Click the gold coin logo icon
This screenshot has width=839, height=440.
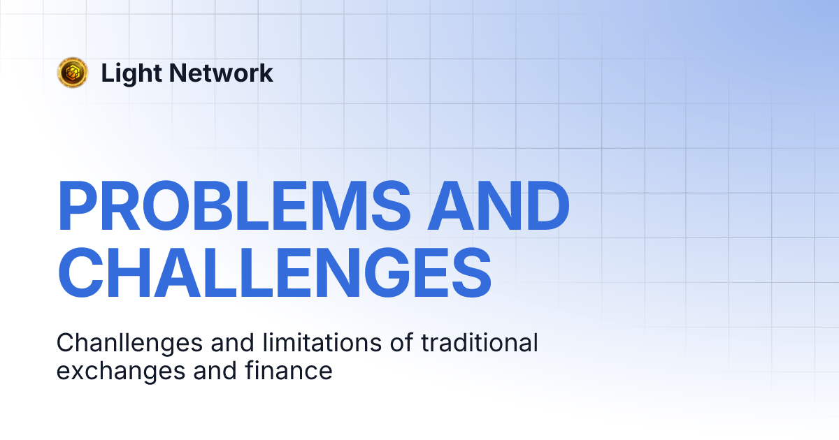(73, 73)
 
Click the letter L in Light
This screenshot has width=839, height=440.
(107, 73)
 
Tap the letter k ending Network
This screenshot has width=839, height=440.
(266, 73)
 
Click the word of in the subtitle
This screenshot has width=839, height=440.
(396, 344)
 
